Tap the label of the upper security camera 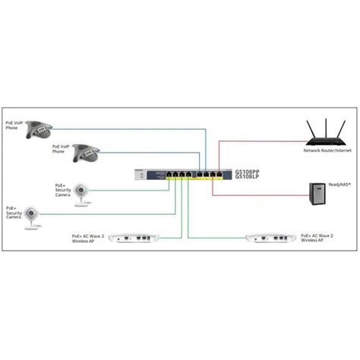[62, 189]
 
